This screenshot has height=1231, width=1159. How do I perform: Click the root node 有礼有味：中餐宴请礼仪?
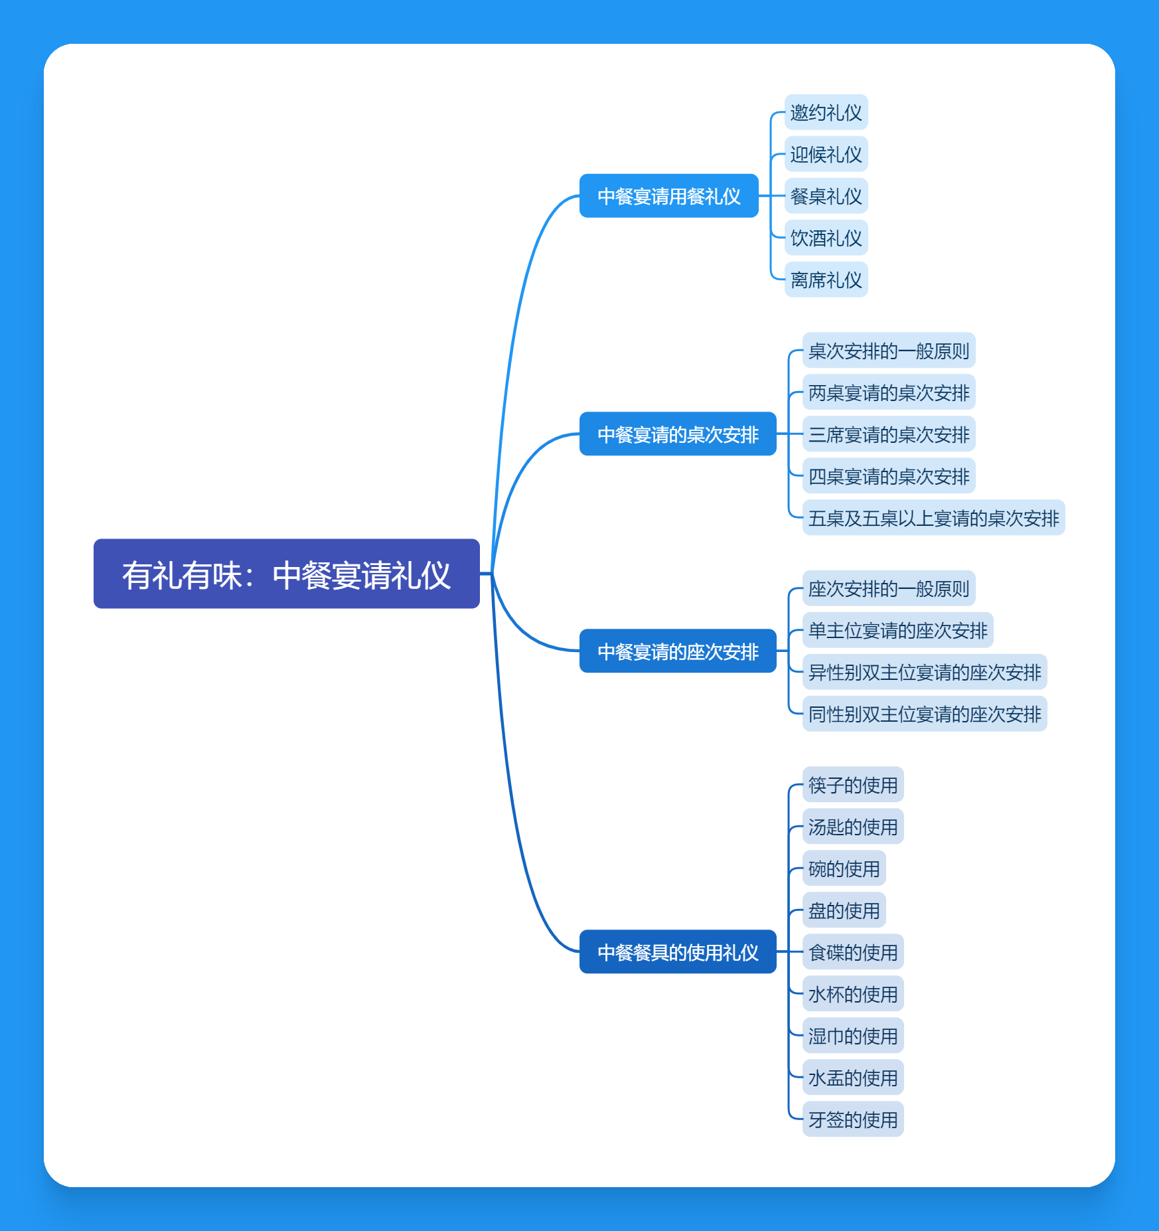[x=286, y=574]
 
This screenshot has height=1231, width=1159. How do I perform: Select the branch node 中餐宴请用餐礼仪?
[x=668, y=196]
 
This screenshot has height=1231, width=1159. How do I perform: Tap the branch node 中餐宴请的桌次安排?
[x=677, y=434]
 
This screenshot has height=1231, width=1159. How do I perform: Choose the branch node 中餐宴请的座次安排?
[x=677, y=651]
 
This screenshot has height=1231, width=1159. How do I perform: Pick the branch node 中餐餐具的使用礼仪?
[x=677, y=952]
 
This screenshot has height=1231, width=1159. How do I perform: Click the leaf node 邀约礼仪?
[x=826, y=112]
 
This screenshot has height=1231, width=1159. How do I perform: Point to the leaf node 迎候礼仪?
[x=826, y=154]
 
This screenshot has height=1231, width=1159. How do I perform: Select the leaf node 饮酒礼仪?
[x=826, y=238]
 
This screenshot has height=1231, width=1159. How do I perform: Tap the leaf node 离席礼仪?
[x=826, y=280]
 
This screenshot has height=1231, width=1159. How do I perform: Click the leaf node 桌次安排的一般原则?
[x=888, y=351]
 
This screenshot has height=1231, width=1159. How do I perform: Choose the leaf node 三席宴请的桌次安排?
[x=888, y=434]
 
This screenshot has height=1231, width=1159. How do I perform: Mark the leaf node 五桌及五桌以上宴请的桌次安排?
[x=933, y=518]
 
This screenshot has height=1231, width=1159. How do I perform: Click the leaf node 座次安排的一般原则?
[x=888, y=588]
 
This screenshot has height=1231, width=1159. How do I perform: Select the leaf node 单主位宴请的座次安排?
[x=897, y=630]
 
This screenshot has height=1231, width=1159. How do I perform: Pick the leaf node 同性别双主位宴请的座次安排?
[x=924, y=714]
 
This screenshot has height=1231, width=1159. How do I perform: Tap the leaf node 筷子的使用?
[x=852, y=785]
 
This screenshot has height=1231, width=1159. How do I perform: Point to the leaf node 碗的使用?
[x=844, y=868]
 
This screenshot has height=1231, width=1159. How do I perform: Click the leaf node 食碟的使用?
[x=852, y=952]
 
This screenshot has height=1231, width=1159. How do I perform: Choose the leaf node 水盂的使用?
[x=852, y=1078]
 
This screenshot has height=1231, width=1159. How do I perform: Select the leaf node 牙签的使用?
[x=852, y=1119]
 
